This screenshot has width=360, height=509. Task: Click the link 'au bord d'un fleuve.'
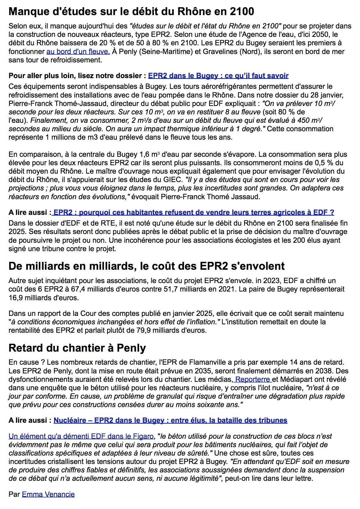(78, 52)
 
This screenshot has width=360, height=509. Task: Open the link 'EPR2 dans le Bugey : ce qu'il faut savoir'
(218, 76)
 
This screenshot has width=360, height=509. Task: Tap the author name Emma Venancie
(48, 494)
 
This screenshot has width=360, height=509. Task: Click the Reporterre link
(253, 379)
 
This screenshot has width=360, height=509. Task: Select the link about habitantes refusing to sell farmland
(193, 213)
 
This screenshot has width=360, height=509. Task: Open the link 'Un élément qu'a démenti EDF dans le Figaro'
(81, 436)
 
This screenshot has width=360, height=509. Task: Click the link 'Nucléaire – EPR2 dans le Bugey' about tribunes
(170, 420)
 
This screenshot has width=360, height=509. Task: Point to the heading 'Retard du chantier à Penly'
(77, 348)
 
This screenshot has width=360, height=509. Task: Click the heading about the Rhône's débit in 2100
(131, 12)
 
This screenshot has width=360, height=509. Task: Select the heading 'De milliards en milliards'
(147, 266)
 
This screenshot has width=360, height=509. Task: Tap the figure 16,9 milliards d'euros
(44, 298)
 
